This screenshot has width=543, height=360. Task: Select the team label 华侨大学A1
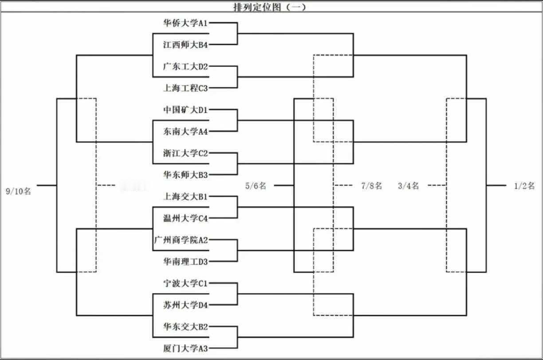[x=185, y=23]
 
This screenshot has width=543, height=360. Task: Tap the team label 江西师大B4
[x=185, y=45]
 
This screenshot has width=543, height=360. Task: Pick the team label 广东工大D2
[x=185, y=67]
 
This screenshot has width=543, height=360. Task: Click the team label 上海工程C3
[x=185, y=88]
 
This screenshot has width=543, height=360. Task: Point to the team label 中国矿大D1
[x=185, y=110]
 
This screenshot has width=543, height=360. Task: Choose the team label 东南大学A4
[x=185, y=131]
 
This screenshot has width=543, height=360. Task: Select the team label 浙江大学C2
[x=185, y=153]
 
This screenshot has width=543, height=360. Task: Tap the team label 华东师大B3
[x=185, y=175]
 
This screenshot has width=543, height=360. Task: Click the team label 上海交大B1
[x=185, y=196]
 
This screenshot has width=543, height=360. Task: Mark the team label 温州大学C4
[x=185, y=218]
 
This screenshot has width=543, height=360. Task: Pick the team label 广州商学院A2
[x=181, y=240]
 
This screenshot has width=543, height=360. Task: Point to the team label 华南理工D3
[x=185, y=262]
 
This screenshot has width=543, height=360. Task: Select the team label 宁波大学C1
[x=185, y=283]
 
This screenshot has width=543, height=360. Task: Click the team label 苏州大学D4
[x=185, y=305]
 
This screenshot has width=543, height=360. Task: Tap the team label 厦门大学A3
[x=185, y=348]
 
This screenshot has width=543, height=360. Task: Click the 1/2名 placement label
[x=524, y=186]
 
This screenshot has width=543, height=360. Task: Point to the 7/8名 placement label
[x=371, y=186]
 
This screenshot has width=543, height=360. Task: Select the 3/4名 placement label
[x=409, y=186]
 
